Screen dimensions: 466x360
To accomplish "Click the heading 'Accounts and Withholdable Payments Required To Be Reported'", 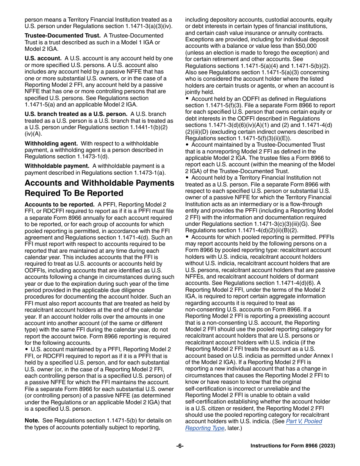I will point(99,188).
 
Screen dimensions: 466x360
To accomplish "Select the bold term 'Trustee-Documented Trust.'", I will point(62,36).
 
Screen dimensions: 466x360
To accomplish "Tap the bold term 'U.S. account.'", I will point(43,58).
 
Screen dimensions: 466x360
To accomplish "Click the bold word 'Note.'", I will point(32,421).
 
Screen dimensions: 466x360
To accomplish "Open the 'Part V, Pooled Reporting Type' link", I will point(254,425).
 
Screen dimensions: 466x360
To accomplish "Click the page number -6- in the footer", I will point(180,446).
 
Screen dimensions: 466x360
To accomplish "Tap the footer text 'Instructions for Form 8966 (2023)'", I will point(293,446).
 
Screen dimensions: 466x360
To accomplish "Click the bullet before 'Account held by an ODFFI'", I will point(187,99).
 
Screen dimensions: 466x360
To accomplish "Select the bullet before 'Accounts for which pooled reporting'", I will point(187,237).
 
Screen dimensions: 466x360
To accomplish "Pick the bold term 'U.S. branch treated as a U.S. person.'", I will point(76,114).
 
